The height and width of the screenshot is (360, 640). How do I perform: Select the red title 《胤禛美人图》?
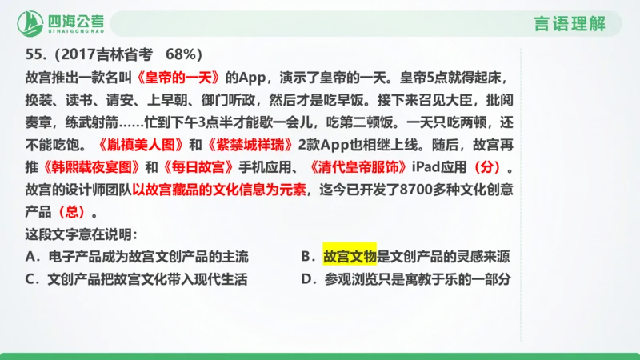tap(139, 146)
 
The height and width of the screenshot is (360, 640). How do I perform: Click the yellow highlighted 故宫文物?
tap(349, 257)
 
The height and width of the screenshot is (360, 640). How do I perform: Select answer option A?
tap(138, 257)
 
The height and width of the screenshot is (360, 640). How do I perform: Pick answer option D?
tap(406, 280)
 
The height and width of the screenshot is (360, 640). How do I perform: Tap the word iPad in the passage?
tap(424, 169)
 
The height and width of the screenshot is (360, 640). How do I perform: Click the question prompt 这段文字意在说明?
tap(81, 235)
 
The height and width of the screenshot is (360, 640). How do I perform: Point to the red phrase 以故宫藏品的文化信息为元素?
tap(220, 191)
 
